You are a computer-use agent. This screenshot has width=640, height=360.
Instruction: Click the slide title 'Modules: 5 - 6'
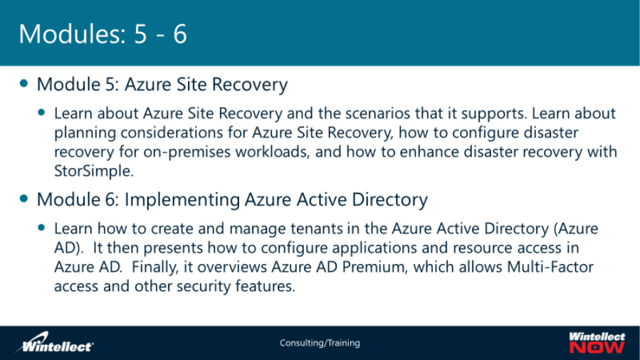103,33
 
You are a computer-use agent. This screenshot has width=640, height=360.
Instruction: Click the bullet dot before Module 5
25,84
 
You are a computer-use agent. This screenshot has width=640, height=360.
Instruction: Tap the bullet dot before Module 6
25,198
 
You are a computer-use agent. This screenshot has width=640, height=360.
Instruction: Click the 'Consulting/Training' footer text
320,343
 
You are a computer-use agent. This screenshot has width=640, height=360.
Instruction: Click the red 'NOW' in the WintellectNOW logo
597,347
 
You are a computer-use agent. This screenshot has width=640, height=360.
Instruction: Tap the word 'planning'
81,133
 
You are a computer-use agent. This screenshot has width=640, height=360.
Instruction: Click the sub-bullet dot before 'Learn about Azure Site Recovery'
41,113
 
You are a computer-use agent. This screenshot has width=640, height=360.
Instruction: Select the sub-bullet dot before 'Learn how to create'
41,228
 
